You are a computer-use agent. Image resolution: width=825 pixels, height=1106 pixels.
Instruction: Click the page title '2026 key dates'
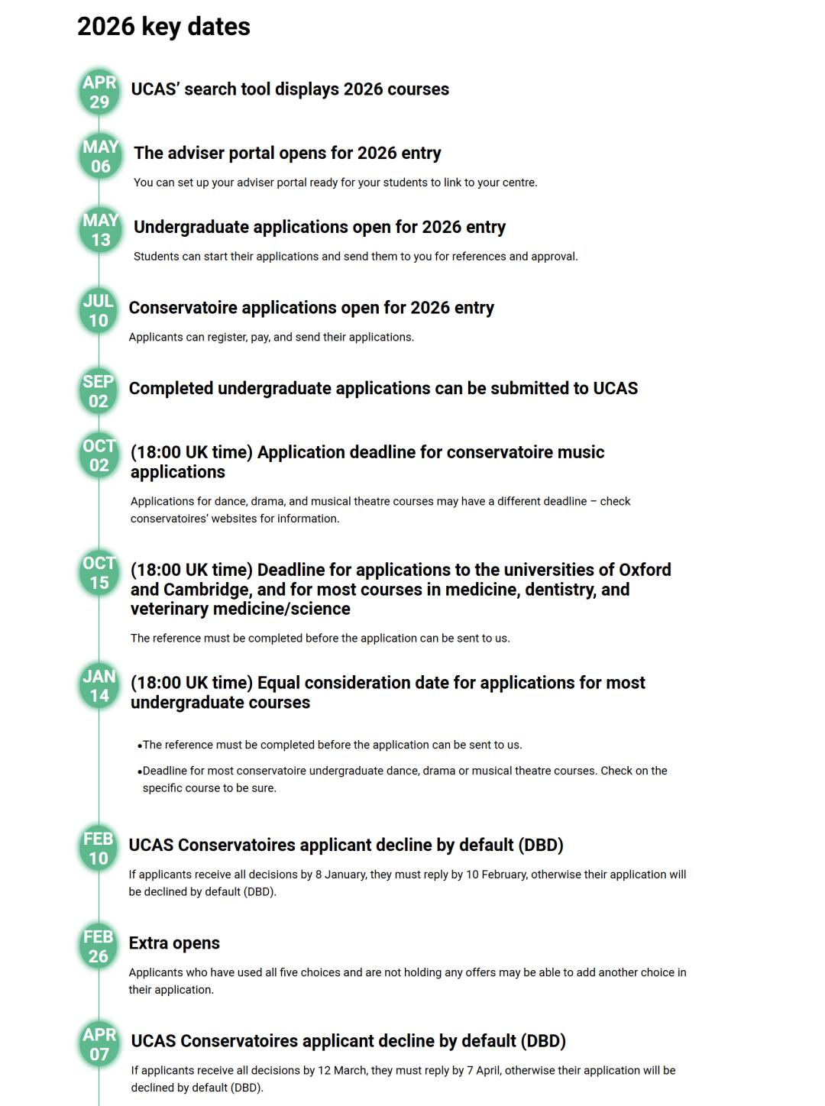(163, 27)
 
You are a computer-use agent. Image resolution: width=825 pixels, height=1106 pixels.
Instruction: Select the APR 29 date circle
(99, 92)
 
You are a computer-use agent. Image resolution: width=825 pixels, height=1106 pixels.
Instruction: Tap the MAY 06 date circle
(100, 157)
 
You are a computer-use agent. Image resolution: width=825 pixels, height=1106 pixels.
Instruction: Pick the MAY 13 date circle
(100, 230)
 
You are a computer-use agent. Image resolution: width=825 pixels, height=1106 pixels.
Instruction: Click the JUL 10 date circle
(99, 311)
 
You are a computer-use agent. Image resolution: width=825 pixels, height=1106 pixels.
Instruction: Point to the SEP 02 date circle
(99, 391)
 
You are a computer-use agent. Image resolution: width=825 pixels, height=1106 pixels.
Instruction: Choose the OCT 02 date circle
(99, 455)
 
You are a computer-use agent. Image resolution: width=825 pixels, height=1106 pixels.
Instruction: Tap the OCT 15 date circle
(99, 573)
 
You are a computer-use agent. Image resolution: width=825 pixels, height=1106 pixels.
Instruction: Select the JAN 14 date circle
(99, 686)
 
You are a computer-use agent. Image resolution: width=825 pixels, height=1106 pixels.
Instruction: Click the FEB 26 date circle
(99, 946)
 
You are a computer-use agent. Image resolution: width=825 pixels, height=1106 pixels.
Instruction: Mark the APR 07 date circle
(99, 1044)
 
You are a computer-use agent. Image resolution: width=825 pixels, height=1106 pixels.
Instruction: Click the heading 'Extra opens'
(174, 943)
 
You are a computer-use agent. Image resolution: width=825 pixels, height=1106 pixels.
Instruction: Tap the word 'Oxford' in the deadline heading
(645, 570)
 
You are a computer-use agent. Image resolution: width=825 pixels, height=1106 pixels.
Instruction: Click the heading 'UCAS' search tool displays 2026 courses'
(290, 89)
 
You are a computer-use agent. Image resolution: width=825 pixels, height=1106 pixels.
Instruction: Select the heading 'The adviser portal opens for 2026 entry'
(287, 153)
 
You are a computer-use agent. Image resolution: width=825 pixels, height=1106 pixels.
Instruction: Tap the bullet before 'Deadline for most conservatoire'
(140, 771)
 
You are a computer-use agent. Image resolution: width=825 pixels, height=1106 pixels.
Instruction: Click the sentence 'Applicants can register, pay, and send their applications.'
(271, 337)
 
